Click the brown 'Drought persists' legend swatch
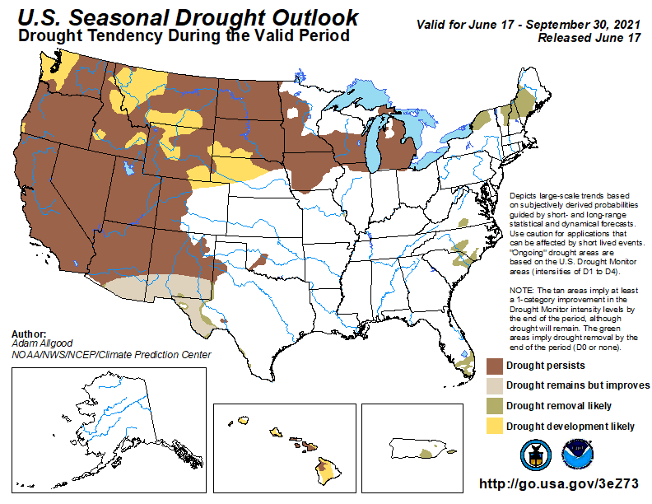coord(494,365)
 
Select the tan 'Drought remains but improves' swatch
coord(494,385)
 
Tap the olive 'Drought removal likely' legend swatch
coord(494,406)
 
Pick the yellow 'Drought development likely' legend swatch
coord(494,426)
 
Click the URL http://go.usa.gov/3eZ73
coord(559,483)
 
